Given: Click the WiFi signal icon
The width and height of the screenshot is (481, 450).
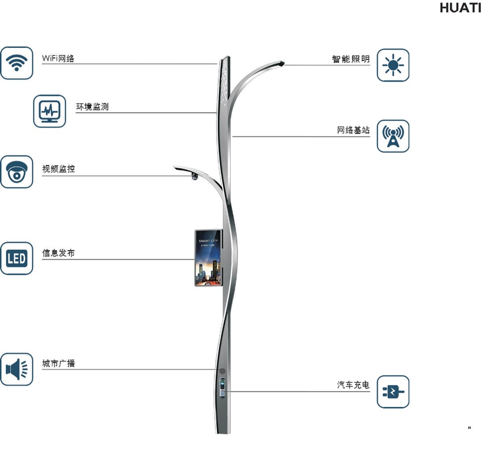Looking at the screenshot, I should pos(17,63).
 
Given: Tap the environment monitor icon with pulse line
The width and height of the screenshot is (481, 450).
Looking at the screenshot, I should pos(49,111).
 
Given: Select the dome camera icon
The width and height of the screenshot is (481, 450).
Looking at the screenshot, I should pos(17,172).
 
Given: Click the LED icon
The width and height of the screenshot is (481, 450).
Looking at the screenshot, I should pos(17,258).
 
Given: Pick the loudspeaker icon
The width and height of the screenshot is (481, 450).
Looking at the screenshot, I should pos(17,369).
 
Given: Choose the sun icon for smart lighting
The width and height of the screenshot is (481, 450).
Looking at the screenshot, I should pos(393,65).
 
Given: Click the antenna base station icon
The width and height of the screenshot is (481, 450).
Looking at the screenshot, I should pos(393,136).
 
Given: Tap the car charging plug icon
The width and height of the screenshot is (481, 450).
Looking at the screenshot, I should pos(393,392).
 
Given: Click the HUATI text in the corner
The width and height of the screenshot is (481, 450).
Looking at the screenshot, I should pos(459,8).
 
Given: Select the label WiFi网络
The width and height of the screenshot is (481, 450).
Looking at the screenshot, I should pos(58,58).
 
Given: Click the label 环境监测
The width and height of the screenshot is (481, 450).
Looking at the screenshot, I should pos(92,106).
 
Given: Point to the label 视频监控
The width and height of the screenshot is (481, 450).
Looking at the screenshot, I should pos(58,169).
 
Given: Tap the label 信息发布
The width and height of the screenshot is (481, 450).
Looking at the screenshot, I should pos(58,253).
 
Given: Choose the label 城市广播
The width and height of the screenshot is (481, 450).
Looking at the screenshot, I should pos(58,363).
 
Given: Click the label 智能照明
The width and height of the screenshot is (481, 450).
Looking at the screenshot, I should pos(351,59).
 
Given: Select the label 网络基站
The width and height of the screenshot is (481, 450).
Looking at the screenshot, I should pos(353,131).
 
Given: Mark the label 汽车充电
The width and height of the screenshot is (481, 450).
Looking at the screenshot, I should pos(353,385).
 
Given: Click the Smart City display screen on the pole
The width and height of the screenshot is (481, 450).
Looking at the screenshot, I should pos(208,258).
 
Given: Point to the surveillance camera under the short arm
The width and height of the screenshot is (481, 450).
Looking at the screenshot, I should pos(194,177).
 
